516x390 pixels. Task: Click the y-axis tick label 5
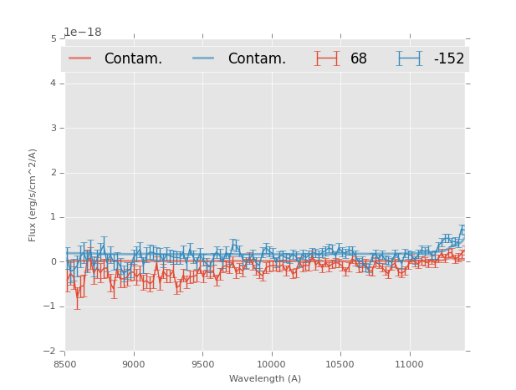click(54, 38)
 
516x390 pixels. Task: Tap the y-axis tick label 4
click(54, 84)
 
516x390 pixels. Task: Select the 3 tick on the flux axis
click(54, 128)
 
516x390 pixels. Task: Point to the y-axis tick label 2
click(54, 173)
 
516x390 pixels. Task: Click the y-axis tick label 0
click(54, 261)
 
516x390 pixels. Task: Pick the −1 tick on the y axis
click(51, 306)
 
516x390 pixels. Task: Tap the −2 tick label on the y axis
click(51, 351)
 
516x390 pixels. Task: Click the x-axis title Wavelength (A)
click(265, 379)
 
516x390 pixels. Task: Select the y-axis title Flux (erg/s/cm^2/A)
click(33, 195)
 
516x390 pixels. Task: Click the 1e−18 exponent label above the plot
click(83, 32)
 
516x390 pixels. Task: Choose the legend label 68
click(359, 59)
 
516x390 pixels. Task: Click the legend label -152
click(448, 59)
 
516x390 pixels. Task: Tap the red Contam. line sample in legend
click(80, 58)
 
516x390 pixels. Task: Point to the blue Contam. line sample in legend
click(204, 58)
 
